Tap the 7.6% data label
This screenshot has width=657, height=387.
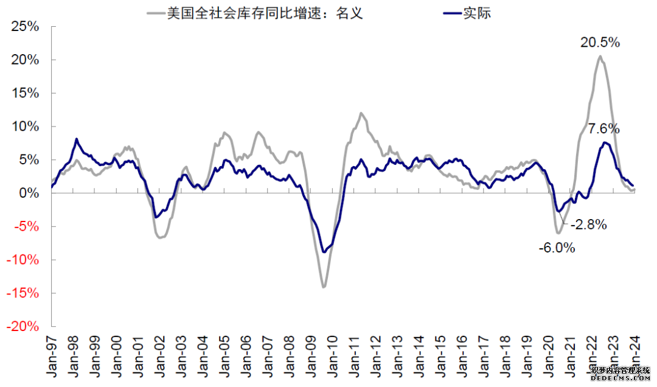click(603, 129)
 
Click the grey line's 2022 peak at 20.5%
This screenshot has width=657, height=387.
click(600, 57)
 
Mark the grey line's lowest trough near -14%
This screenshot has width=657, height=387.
click(324, 287)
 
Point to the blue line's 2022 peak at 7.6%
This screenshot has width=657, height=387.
click(605, 142)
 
